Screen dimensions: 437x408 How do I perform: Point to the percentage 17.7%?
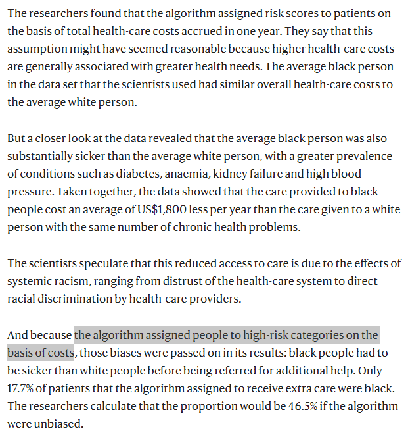click(22, 388)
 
